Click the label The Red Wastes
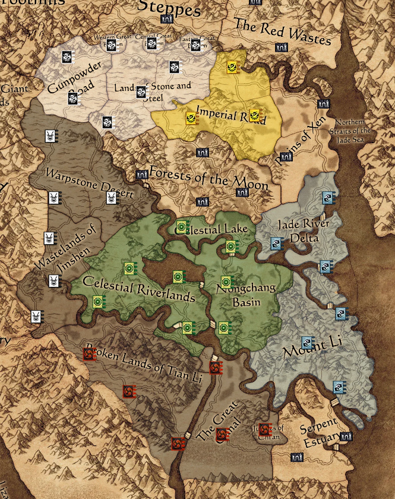282,31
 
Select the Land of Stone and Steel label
152,91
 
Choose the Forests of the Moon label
208,179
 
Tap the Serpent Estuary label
318,429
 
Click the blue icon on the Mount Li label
307,343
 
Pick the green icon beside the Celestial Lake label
182,226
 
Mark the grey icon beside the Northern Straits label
323,104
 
